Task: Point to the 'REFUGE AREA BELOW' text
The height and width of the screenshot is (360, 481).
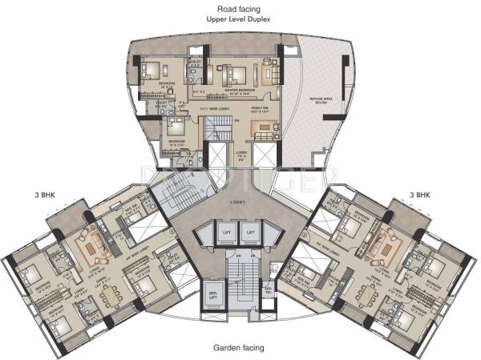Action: pos(310,100)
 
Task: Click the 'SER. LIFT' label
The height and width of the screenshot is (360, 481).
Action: pos(213,292)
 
